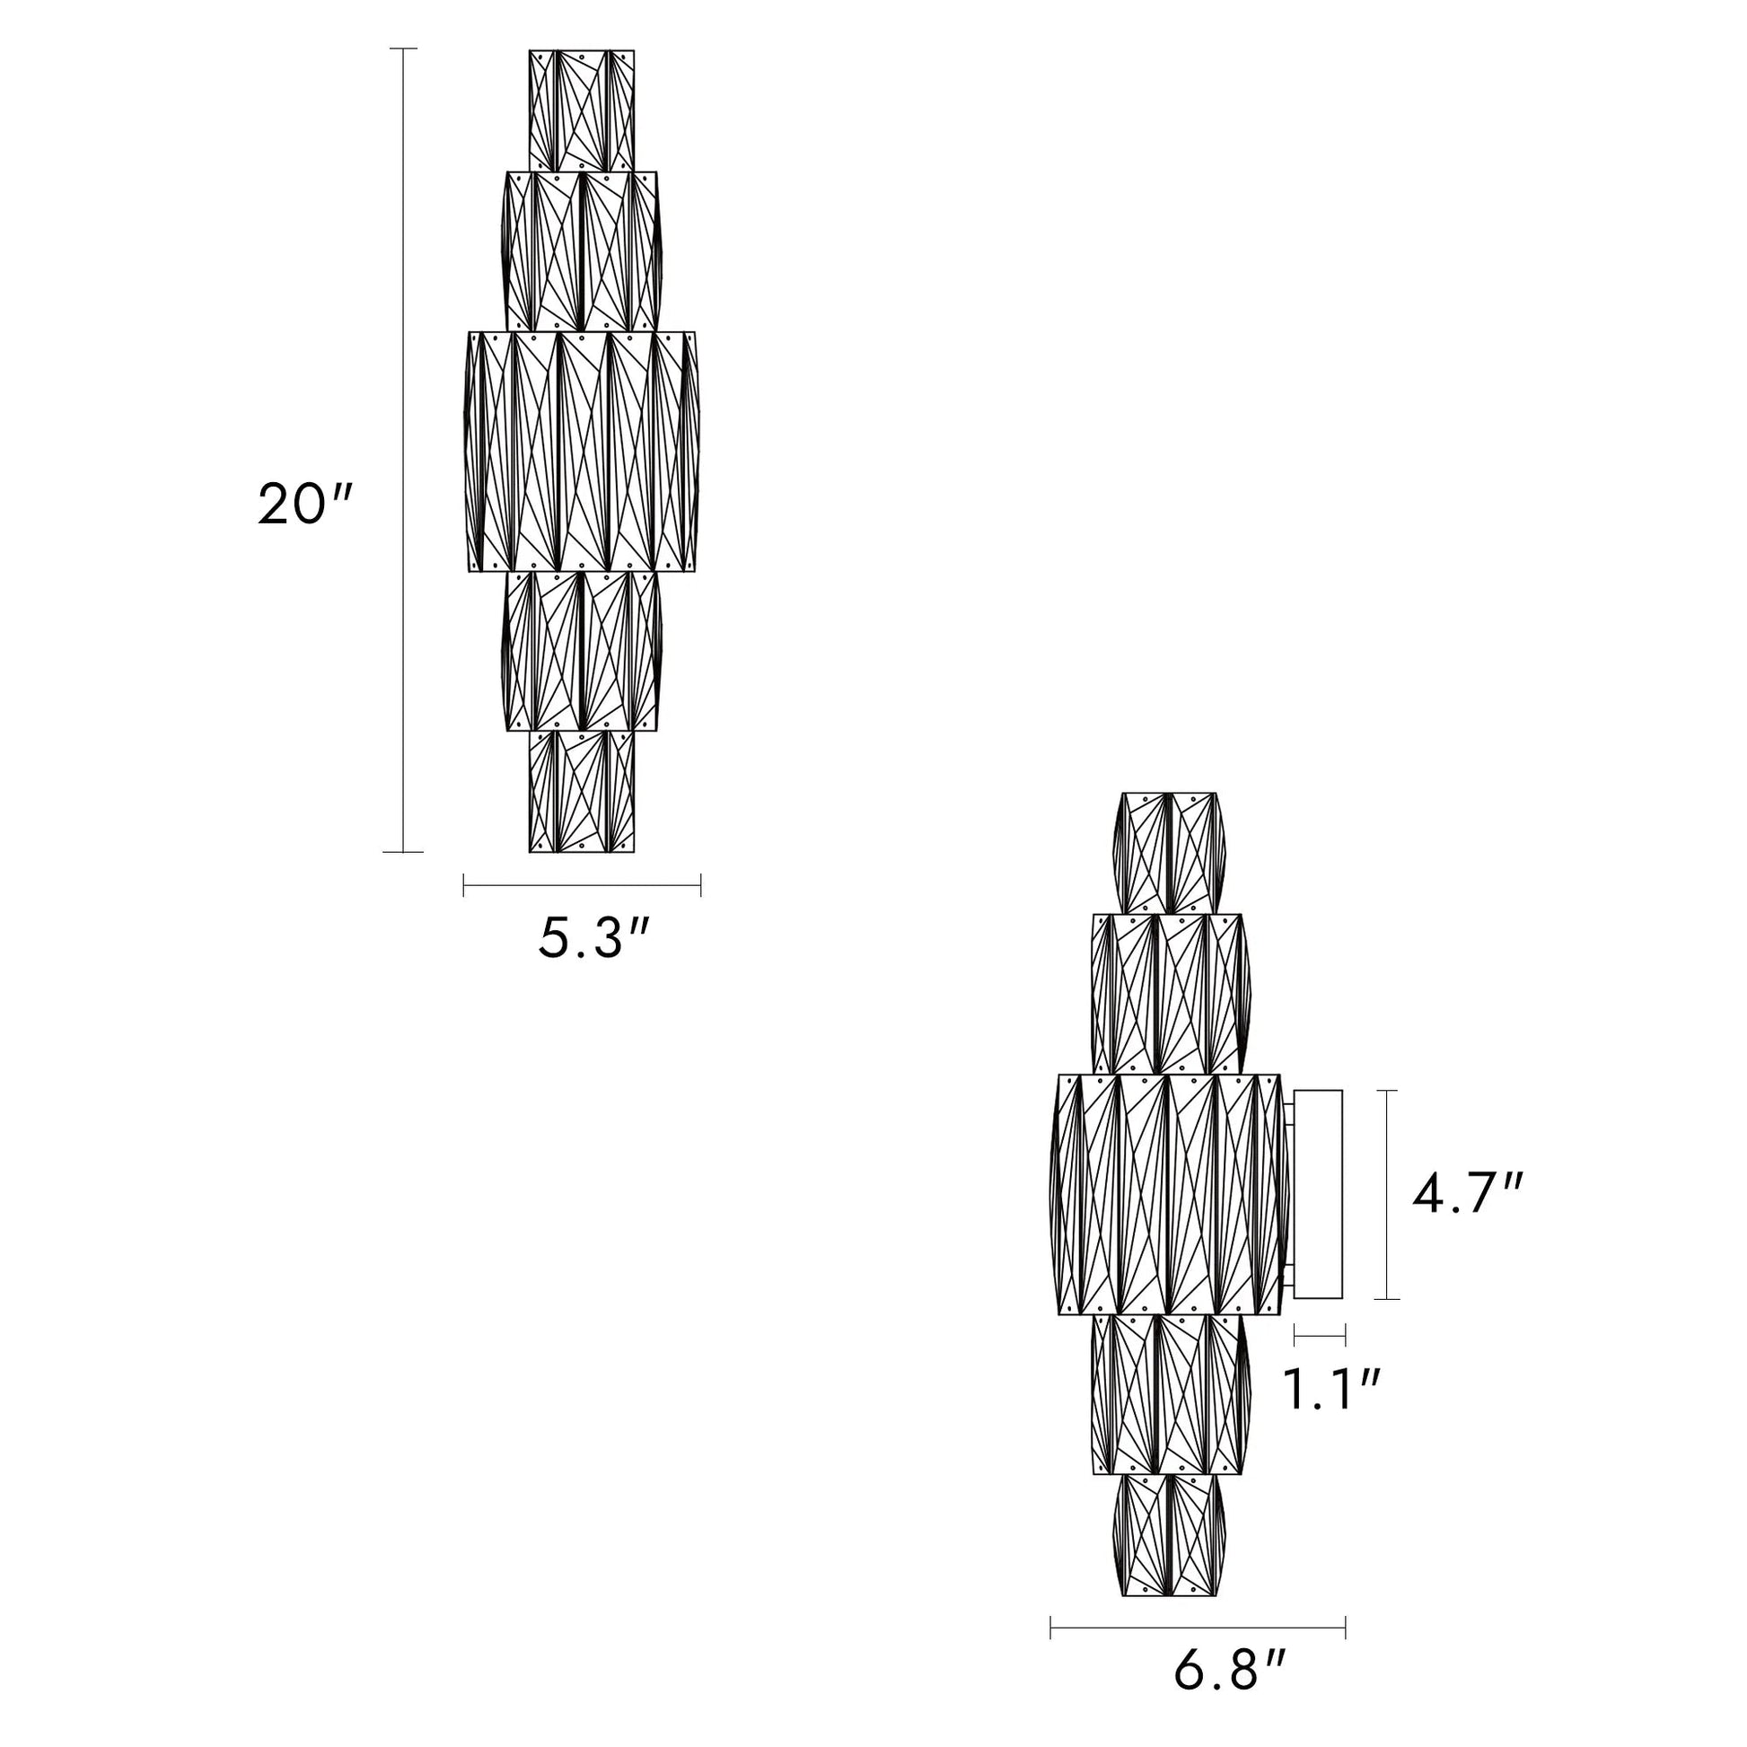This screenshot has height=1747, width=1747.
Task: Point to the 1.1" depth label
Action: pyautogui.click(x=1332, y=1390)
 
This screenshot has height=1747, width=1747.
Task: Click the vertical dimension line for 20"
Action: pyautogui.click(x=403, y=450)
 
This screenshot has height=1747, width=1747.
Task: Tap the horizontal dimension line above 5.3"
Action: pyautogui.click(x=583, y=885)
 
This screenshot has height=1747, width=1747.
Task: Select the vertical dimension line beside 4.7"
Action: pyautogui.click(x=1386, y=1195)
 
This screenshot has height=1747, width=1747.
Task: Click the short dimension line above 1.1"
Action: pyautogui.click(x=1321, y=1334)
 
